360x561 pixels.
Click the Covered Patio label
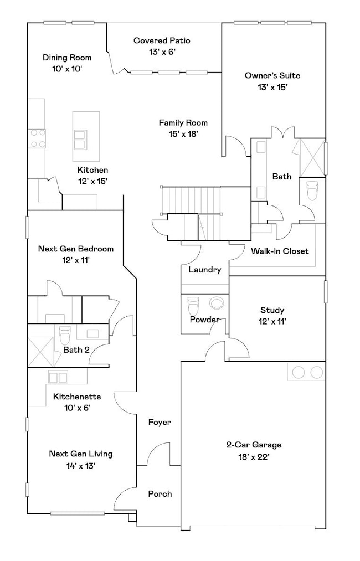(x=162, y=40)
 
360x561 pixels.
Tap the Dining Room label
(x=67, y=58)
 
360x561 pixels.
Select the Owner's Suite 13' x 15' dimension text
(x=272, y=87)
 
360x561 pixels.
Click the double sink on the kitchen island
(x=80, y=140)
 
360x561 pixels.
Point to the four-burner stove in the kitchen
(x=38, y=138)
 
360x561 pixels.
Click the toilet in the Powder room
(x=193, y=305)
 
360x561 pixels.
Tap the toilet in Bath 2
(x=65, y=335)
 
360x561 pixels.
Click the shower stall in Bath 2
(x=40, y=352)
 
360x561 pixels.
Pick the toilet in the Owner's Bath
(x=312, y=191)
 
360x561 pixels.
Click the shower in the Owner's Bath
(x=311, y=157)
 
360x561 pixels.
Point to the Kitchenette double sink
(x=58, y=378)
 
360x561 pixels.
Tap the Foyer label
(x=160, y=423)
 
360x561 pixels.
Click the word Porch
(x=160, y=494)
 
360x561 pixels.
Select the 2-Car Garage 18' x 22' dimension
(x=254, y=457)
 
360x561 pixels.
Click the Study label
(x=272, y=310)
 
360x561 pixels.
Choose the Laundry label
(x=205, y=270)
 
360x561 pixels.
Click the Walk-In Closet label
(x=280, y=251)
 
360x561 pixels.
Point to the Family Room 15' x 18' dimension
(x=183, y=134)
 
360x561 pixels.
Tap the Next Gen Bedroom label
(x=76, y=249)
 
